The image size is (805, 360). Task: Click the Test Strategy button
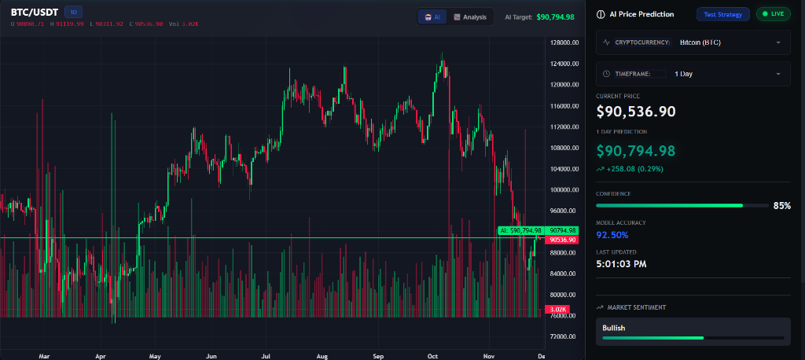point(723,14)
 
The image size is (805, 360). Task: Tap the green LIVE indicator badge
point(773,14)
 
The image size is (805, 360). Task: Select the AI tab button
point(432,17)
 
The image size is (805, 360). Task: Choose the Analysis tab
point(470,17)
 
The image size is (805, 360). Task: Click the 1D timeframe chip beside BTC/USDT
point(73,12)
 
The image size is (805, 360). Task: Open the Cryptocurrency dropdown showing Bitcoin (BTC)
point(693,42)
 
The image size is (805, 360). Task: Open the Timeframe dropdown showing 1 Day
point(693,74)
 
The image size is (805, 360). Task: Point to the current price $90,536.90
point(636,112)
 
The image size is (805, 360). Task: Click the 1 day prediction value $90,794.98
point(636,149)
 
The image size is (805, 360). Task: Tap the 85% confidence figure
point(781,205)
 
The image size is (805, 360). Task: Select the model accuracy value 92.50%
point(612,234)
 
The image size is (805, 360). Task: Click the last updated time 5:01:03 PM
point(621,264)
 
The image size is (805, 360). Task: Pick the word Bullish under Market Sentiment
point(614,327)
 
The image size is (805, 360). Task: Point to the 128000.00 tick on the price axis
point(564,42)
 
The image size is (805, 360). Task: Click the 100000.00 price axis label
point(564,189)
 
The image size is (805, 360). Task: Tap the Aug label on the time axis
point(322,356)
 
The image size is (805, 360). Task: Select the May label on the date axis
point(155,356)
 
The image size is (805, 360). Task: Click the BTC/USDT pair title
point(35,12)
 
